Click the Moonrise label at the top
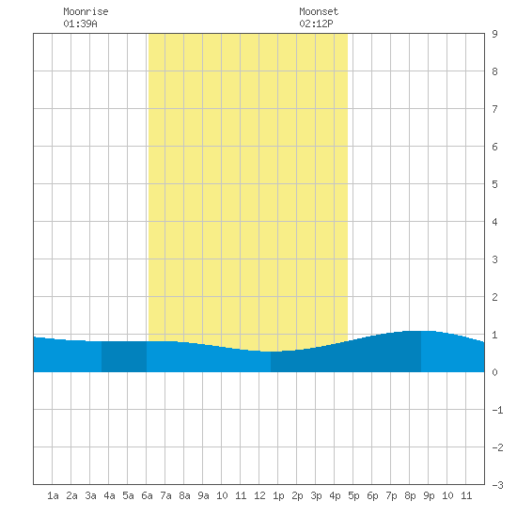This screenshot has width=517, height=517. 86,11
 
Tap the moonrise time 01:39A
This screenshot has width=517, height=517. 81,23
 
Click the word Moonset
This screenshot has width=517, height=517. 319,11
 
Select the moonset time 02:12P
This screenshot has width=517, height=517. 316,23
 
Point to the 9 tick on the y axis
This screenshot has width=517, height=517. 494,34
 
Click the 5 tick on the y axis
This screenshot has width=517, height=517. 494,184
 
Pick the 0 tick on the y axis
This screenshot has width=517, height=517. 494,372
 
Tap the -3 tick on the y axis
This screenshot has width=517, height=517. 497,485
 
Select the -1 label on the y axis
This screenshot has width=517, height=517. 497,410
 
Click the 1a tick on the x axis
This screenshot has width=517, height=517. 53,495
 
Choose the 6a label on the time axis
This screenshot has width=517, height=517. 147,495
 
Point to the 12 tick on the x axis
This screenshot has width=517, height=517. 259,495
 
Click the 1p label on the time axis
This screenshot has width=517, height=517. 278,495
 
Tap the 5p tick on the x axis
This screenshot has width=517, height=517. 353,495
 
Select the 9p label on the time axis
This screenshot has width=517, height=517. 429,495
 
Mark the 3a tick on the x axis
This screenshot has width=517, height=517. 90,495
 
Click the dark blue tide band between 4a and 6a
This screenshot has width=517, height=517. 124,357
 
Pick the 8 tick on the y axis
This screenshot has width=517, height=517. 494,71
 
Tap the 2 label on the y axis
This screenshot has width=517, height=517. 494,297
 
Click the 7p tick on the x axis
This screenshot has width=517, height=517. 391,495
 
